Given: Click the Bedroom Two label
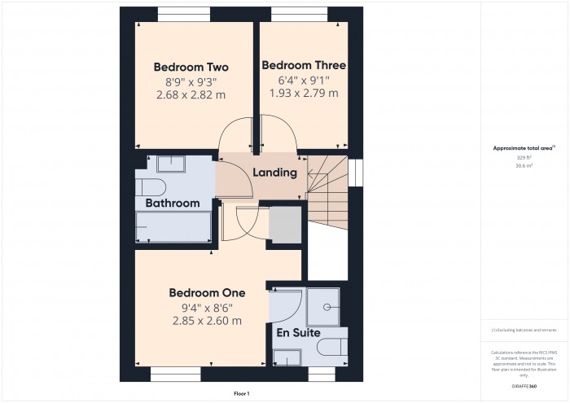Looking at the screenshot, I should tap(191, 67).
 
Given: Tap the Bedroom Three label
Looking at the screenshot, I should tap(304, 65).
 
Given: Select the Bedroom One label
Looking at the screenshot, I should tap(207, 292).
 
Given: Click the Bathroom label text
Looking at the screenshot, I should tap(173, 203).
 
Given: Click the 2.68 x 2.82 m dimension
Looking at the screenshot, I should tap(191, 94).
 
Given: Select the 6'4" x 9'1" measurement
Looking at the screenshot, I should tap(304, 80).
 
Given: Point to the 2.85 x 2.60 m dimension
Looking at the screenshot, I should tap(207, 321).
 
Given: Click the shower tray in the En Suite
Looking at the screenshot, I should tap(327, 307).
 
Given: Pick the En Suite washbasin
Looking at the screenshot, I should tap(287, 356).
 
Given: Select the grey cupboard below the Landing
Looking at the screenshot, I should tap(284, 225).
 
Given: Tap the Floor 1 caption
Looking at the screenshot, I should tap(242, 393).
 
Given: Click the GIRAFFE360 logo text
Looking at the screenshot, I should tap(524, 384).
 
